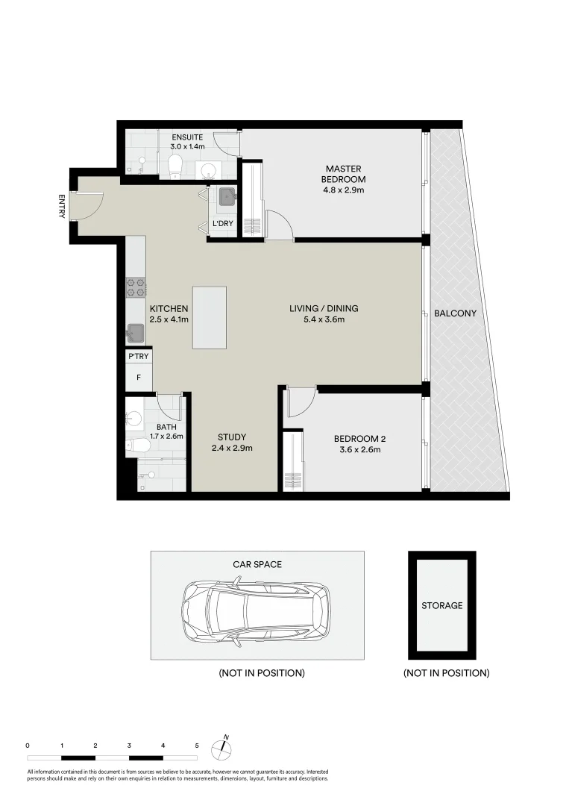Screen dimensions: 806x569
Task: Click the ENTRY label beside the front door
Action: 61,207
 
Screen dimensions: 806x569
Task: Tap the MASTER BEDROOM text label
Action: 343,174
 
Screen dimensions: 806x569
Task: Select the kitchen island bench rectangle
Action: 209,317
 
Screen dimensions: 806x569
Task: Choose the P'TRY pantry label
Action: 139,357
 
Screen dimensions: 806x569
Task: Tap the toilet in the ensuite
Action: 176,164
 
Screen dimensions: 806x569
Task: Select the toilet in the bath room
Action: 138,446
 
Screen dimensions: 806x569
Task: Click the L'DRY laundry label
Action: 223,224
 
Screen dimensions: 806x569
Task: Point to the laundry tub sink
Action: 225,196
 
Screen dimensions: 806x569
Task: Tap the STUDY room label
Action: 231,437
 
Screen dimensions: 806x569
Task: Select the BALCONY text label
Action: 455,313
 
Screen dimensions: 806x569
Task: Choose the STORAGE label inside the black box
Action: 441,605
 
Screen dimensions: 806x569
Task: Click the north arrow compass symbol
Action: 221,746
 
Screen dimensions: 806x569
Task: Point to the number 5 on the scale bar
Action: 197,746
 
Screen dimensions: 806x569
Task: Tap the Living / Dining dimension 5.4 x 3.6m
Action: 324,319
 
